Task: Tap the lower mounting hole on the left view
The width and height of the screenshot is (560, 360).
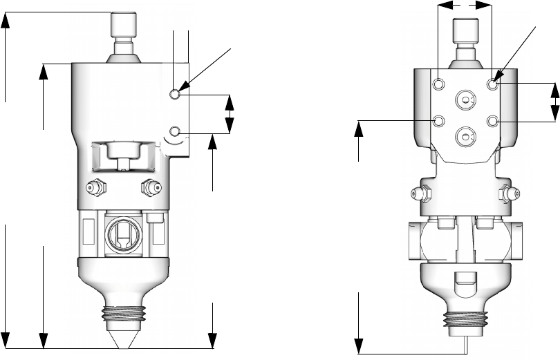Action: point(176,131)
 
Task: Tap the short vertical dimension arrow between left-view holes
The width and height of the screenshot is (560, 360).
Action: point(230,113)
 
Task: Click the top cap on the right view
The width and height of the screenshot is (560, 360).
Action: point(465,31)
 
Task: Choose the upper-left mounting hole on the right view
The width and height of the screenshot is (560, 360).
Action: point(439,84)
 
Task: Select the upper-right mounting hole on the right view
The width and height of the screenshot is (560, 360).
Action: point(492,84)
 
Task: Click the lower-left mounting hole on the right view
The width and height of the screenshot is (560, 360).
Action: point(439,122)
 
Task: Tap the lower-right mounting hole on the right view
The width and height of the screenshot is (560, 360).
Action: point(492,122)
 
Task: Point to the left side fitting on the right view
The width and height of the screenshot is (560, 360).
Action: point(419,195)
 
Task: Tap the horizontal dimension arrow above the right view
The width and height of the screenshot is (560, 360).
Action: point(465,6)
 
